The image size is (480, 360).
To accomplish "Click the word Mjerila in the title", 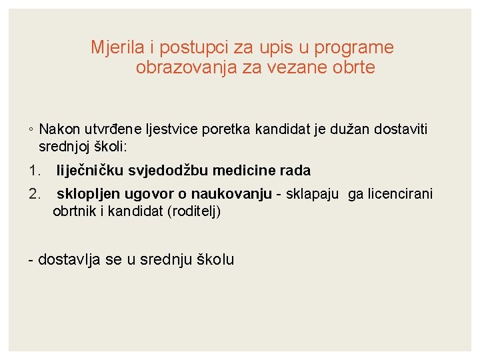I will click(111, 48).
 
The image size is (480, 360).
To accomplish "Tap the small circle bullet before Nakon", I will click(31, 130).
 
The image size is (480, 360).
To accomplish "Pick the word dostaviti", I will click(400, 129).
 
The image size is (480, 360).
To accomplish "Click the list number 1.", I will click(35, 171).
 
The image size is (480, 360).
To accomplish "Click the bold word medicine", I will click(239, 171).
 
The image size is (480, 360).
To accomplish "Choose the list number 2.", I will click(35, 194).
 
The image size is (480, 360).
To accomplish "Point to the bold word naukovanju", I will click(231, 194).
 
